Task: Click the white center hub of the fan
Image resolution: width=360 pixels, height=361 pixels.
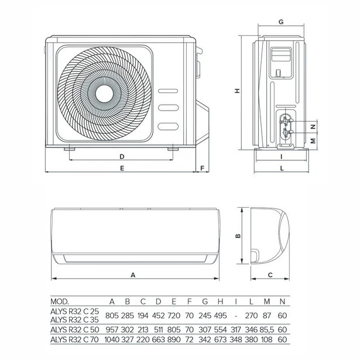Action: (x=104, y=94)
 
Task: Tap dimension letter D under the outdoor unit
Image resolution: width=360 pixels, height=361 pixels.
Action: (x=122, y=157)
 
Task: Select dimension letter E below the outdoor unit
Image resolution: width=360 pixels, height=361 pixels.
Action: (x=122, y=169)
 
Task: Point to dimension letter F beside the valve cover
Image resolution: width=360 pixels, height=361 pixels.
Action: (x=202, y=169)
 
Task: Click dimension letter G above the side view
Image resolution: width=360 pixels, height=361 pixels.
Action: (x=281, y=22)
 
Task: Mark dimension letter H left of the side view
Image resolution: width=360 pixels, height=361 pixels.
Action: (x=237, y=91)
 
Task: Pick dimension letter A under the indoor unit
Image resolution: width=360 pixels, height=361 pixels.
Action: (x=133, y=275)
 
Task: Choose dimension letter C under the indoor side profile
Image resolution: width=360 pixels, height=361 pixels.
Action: (x=270, y=275)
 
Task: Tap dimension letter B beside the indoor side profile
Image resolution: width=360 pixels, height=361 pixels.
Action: (x=238, y=236)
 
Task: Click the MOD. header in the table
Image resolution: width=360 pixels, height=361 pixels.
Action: (x=60, y=301)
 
